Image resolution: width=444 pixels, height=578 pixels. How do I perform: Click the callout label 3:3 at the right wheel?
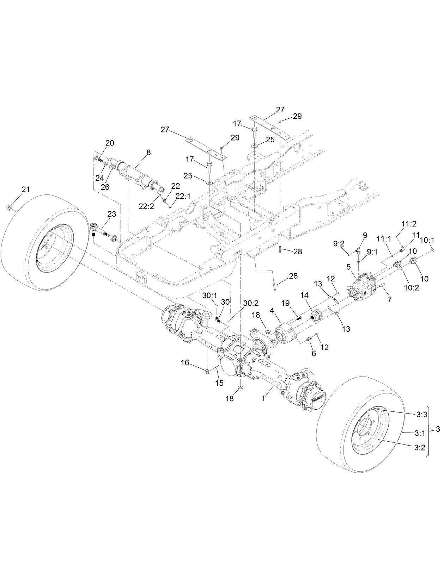[x=421, y=415]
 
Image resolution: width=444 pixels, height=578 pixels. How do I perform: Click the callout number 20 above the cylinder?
[x=110, y=143]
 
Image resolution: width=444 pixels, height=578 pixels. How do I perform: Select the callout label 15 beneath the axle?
[x=219, y=383]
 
